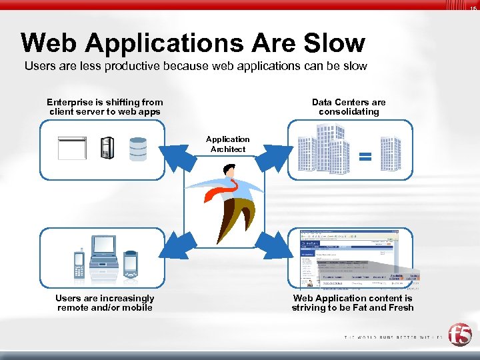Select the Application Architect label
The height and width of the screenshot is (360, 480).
(x=227, y=144)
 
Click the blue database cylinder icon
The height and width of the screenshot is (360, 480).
(x=138, y=148)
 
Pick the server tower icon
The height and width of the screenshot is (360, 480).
(x=106, y=147)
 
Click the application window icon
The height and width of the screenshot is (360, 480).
(x=72, y=147)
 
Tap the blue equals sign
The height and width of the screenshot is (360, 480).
(x=365, y=157)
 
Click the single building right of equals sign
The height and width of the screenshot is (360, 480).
(x=390, y=153)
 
